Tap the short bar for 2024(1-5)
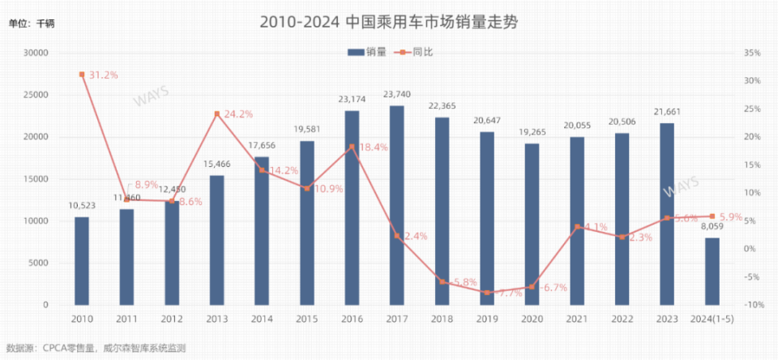click(x=712, y=271)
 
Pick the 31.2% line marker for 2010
click(x=82, y=75)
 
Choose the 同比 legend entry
click(x=413, y=51)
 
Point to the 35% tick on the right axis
click(x=751, y=53)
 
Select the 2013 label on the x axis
click(x=217, y=319)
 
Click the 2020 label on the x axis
click(x=532, y=319)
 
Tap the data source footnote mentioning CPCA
click(x=96, y=349)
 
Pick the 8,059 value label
click(x=712, y=226)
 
